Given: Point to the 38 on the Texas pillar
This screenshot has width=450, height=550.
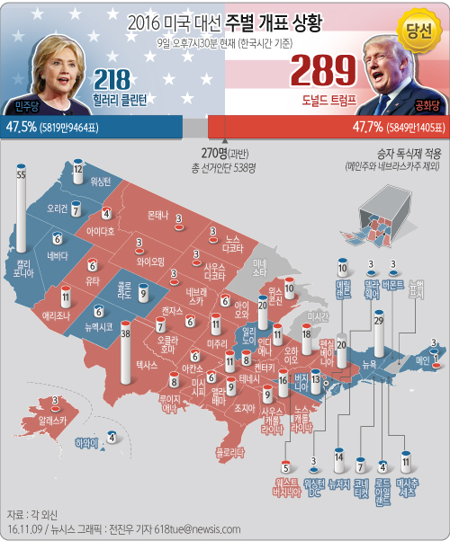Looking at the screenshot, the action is [x=126, y=335].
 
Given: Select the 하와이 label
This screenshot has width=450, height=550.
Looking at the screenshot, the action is [x=85, y=442].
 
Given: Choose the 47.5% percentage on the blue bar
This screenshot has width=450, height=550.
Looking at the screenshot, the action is [x=21, y=125].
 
